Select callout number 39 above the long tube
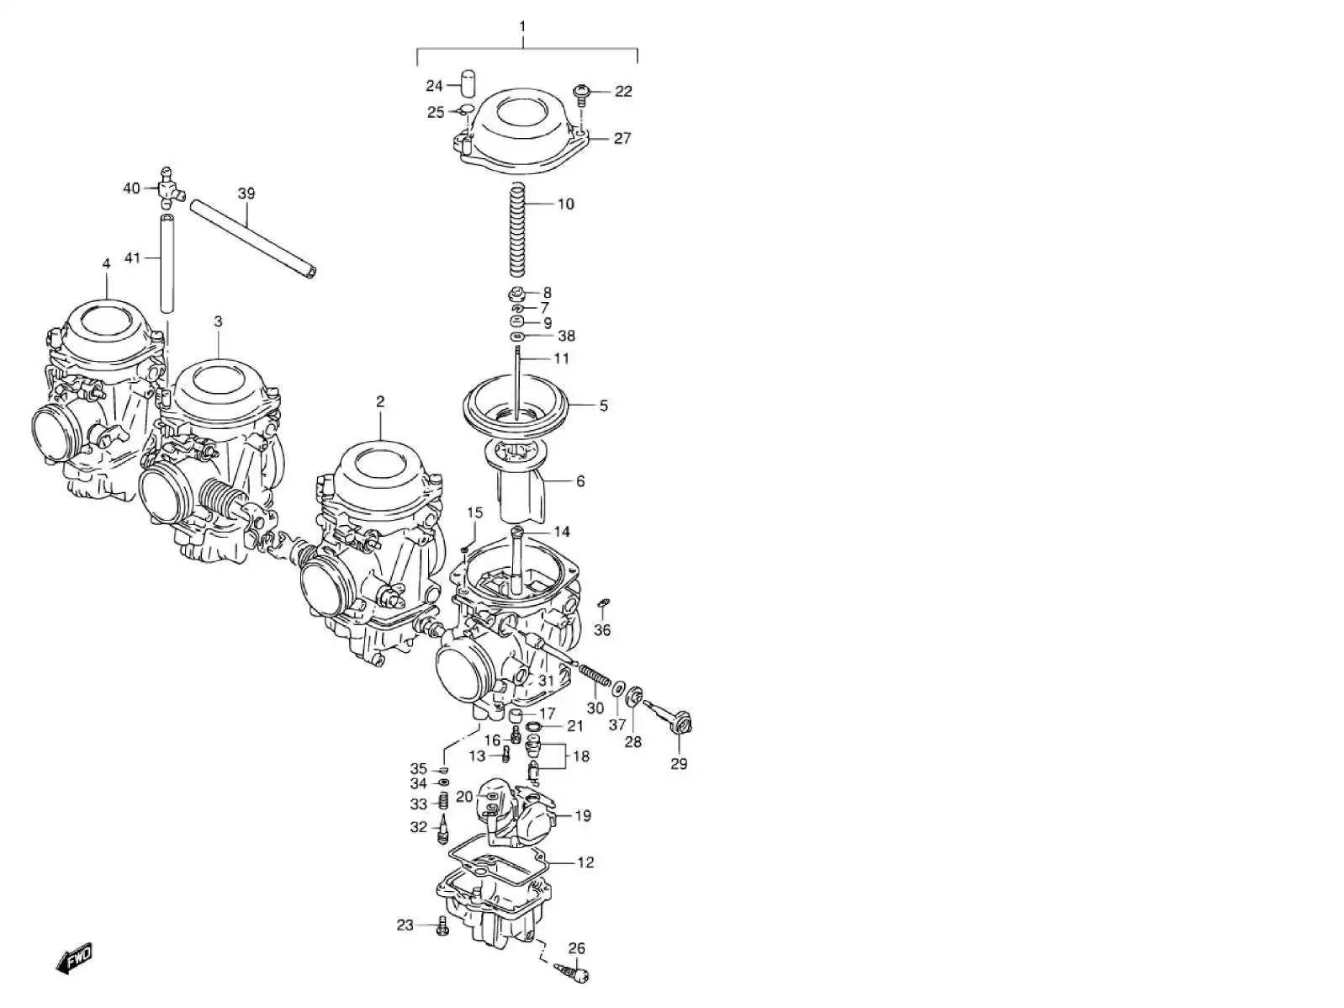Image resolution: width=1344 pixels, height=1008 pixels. point(246,194)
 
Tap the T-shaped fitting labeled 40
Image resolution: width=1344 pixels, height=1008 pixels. point(167,188)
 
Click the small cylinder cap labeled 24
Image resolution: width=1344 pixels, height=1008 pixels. point(467,84)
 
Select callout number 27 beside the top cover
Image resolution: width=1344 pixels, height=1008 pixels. point(622,138)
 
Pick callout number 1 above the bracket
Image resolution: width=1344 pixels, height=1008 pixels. point(521,26)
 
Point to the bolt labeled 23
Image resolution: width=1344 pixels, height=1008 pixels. point(442,926)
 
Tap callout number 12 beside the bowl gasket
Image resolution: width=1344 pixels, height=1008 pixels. point(585,862)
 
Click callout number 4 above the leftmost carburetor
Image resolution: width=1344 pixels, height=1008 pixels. point(106,264)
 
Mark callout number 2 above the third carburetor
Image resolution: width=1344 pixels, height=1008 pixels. point(380,402)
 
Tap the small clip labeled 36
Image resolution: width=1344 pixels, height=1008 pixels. point(603,603)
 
